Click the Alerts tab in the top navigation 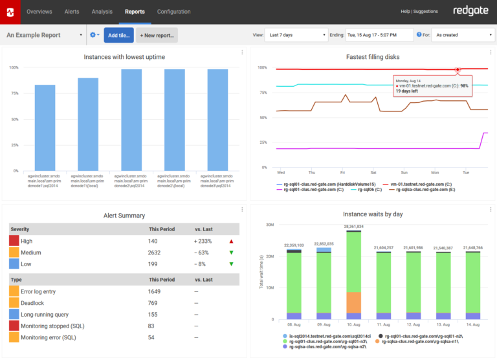click(72, 12)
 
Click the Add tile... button click(118, 35)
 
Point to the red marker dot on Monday click(458, 69)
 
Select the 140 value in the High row click(154, 241)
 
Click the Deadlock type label click(32, 302)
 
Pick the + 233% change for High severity click(204, 241)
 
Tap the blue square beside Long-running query click(14, 314)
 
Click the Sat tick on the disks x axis click(373, 173)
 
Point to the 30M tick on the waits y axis click(271, 225)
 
